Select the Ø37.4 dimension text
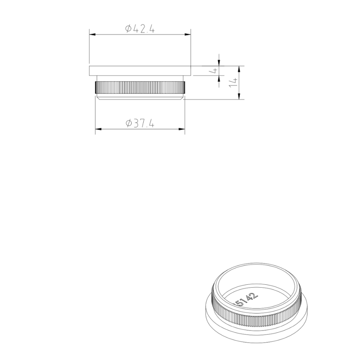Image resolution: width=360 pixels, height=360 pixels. pos(140,123)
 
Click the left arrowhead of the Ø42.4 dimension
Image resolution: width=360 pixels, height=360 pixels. pos(92,35)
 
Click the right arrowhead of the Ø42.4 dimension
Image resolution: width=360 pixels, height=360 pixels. pos(188,35)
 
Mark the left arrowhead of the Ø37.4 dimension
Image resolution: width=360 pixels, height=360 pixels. pos(98,129)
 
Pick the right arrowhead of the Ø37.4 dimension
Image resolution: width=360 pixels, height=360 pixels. pos(182,129)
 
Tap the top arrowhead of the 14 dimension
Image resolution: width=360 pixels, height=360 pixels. pos(239,69)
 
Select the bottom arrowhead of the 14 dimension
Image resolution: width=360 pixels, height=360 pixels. pos(239,96)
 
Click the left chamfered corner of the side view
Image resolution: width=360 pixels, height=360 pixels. pos(98,97)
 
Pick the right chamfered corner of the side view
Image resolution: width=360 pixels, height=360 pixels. pos(182,97)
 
